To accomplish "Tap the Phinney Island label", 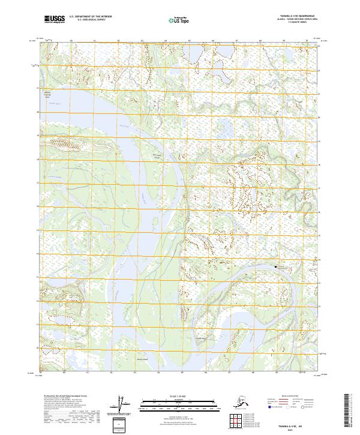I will tap(142, 360).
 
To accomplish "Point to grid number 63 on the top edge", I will tap(142, 40).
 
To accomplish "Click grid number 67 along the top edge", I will tap(236, 40).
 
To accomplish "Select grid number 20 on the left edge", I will tap(37, 112).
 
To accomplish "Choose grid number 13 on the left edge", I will tap(37, 277).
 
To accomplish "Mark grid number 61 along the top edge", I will tap(95, 40).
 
